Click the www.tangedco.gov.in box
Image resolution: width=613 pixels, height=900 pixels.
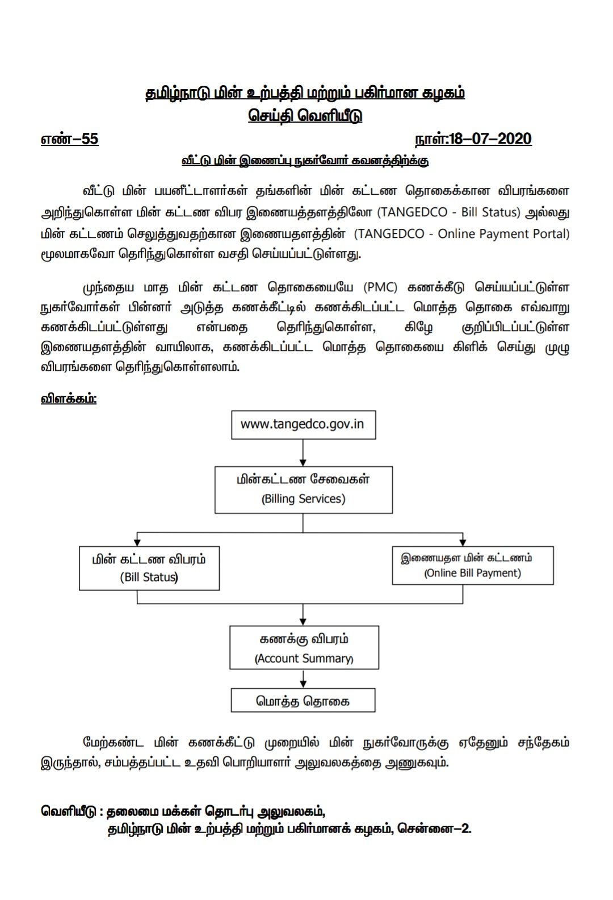(303, 424)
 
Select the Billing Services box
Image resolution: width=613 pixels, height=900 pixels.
(303, 489)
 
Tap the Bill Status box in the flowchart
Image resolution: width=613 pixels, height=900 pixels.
(149, 568)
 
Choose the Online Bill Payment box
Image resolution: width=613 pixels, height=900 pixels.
(472, 566)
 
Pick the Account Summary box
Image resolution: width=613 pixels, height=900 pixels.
(304, 648)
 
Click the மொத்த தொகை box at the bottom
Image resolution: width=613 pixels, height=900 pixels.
(303, 701)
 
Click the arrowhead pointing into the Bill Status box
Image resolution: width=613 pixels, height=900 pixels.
(137, 541)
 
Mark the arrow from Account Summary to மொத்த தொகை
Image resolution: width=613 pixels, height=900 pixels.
(304, 679)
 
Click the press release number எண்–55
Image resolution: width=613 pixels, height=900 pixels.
(70, 139)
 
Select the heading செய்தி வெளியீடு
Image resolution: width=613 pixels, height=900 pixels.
(305, 116)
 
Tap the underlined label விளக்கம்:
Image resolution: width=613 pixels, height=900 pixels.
(69, 399)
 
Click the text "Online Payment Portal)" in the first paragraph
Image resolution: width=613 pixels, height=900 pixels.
(503, 234)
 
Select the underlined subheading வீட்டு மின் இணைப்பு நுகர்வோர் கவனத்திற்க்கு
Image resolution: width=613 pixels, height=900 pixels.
(305, 161)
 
